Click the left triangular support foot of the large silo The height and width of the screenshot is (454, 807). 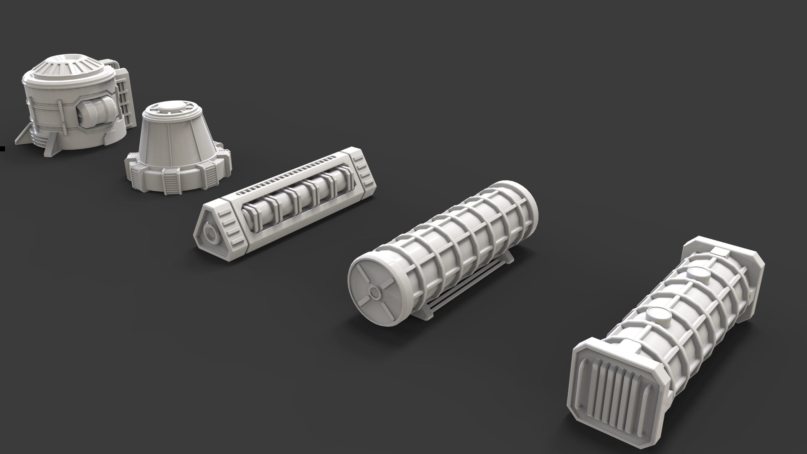24,141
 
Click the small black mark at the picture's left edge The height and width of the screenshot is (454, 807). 2,148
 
